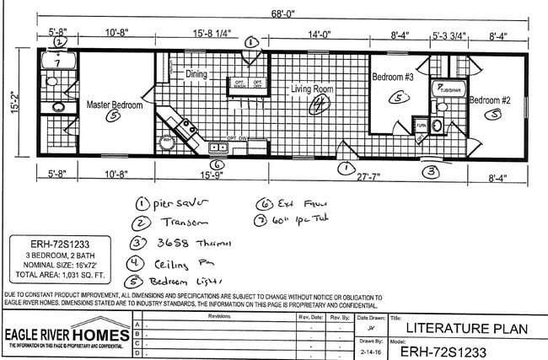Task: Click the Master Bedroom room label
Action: point(115,105)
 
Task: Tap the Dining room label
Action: point(196,74)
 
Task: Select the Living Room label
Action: point(312,89)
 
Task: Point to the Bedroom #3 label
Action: point(392,77)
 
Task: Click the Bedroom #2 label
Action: point(491,100)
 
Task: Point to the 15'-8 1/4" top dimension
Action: point(211,35)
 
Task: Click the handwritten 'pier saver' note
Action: point(178,203)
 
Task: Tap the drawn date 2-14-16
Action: point(369,350)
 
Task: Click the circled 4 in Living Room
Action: point(319,105)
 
